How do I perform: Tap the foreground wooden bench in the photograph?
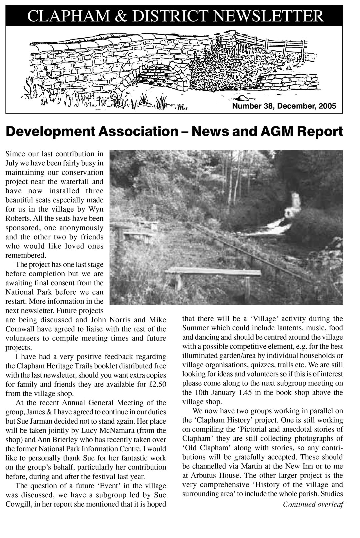[213, 273]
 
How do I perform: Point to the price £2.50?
[158, 384]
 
